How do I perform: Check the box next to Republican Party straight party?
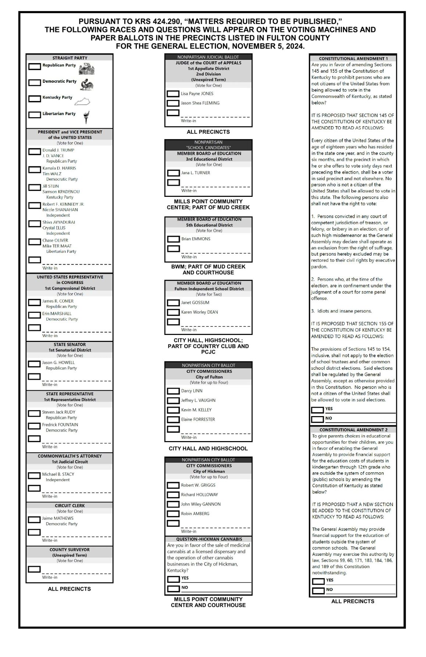(35, 66)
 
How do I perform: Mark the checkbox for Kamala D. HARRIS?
(35, 169)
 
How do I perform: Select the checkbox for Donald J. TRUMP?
(35, 151)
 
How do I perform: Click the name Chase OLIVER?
(55, 240)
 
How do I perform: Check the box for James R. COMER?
(35, 302)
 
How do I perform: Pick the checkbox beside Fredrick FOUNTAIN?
(35, 426)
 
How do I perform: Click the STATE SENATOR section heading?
(70, 344)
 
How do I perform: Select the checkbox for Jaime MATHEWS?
(35, 520)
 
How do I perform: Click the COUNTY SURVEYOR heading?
(70, 549)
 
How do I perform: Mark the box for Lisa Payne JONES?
(173, 94)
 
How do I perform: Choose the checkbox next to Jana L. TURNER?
(173, 173)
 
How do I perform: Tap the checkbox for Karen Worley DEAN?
(173, 313)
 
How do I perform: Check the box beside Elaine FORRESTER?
(173, 420)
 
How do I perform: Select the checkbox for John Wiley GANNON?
(173, 505)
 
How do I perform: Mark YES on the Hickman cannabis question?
(173, 579)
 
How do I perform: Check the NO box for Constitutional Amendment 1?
(317, 419)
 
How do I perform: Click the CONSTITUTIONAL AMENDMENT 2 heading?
(353, 430)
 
